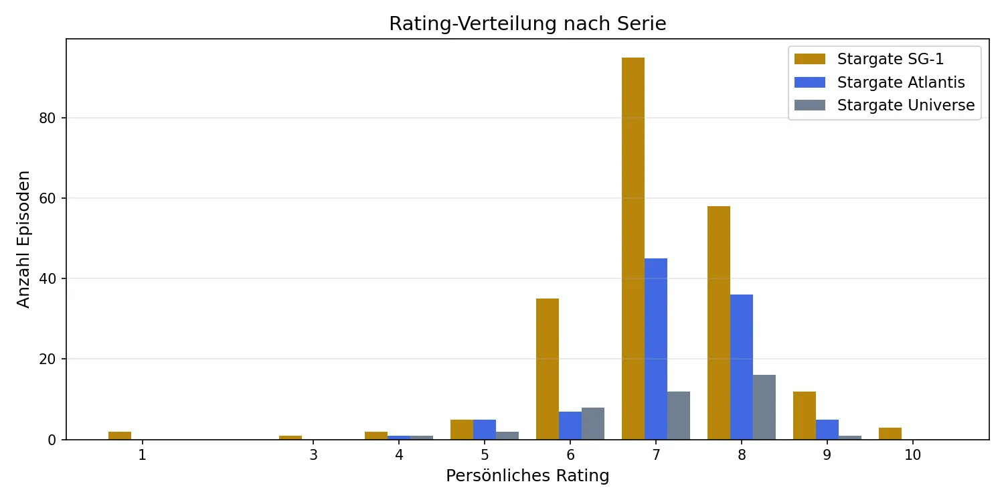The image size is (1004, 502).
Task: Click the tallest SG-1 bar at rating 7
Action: click(633, 248)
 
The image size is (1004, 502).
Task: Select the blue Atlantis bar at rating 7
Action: click(656, 348)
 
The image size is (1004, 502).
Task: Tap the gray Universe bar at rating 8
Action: click(764, 407)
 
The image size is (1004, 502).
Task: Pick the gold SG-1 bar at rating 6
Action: click(548, 369)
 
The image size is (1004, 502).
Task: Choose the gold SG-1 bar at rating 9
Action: click(805, 415)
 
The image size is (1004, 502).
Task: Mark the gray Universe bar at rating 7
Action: click(679, 415)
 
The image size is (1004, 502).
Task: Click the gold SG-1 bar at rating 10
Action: click(890, 433)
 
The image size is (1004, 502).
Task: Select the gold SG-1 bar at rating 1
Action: click(120, 435)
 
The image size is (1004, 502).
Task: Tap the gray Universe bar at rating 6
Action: click(593, 423)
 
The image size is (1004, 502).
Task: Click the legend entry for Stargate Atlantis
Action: click(901, 82)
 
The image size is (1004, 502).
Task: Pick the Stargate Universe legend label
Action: click(906, 105)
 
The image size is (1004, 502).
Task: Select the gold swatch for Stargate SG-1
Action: click(810, 59)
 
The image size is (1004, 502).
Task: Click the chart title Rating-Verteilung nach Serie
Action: click(527, 24)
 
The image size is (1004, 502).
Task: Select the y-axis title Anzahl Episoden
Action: click(24, 240)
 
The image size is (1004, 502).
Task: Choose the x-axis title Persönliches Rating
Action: click(527, 477)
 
